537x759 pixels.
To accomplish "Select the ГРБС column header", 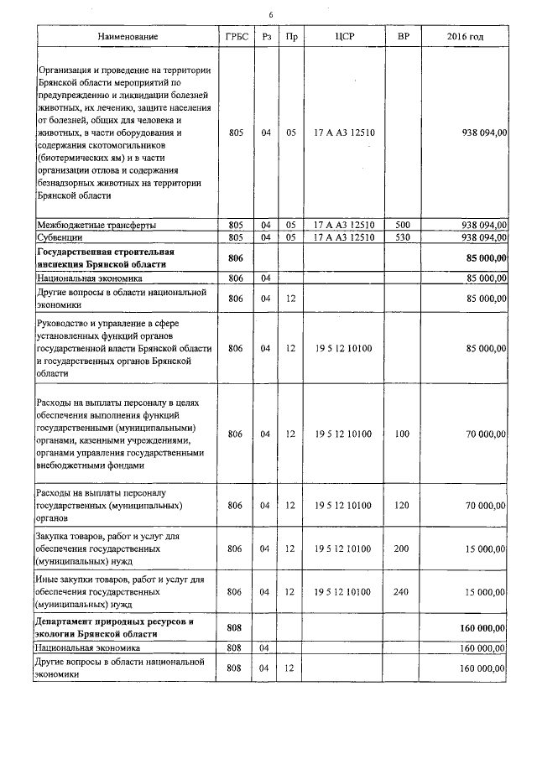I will point(235,37).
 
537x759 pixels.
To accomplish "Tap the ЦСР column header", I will point(344,37).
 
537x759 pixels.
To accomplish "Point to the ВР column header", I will point(402,37).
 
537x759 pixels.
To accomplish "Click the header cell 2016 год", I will point(466,37).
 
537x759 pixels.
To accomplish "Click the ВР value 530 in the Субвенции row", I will point(402,237).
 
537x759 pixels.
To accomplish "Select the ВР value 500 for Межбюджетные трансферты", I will point(402,226).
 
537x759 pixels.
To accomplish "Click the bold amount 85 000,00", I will point(483,257).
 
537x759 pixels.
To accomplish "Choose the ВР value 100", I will point(402,434).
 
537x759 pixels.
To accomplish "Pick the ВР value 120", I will point(402,506).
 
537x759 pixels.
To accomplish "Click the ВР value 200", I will point(402,548).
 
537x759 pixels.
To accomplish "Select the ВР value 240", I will point(402,591).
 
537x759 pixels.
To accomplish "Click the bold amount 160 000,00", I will point(481,627).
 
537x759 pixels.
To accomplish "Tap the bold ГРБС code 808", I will point(235,627).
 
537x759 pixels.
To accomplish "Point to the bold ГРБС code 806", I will point(235,257).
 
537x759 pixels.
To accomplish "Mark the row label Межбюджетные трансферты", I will point(96,226).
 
